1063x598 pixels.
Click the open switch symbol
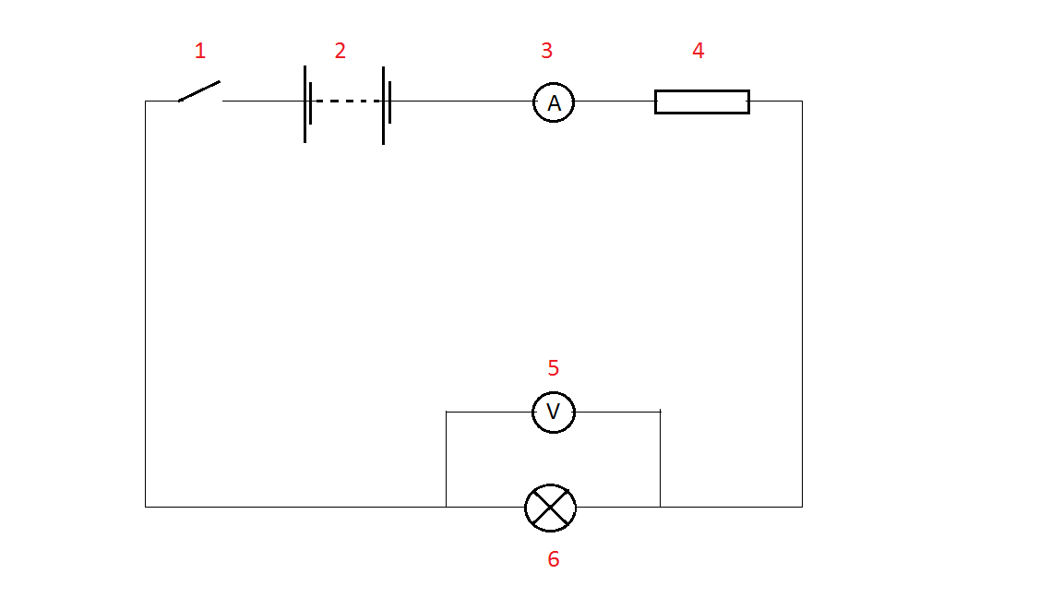pyautogui.click(x=199, y=91)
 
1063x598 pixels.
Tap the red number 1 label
pyautogui.click(x=199, y=51)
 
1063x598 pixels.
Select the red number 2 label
pyautogui.click(x=340, y=51)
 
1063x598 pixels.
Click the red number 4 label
pyautogui.click(x=699, y=51)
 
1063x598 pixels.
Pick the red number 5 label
pyautogui.click(x=554, y=368)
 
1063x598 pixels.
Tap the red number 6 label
pyautogui.click(x=554, y=559)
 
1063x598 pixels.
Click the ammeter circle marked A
pyautogui.click(x=554, y=102)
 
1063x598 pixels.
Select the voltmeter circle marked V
pyautogui.click(x=554, y=412)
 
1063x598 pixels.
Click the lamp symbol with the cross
pyautogui.click(x=551, y=507)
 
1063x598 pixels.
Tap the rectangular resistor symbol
pyautogui.click(x=701, y=102)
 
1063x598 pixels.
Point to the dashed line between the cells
pyautogui.click(x=347, y=102)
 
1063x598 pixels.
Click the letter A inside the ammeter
pyautogui.click(x=554, y=103)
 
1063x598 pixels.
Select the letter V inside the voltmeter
pyautogui.click(x=554, y=412)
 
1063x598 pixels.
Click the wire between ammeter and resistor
pyautogui.click(x=615, y=102)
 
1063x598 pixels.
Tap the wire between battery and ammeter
pyautogui.click(x=461, y=102)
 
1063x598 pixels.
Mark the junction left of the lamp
pyautogui.click(x=447, y=507)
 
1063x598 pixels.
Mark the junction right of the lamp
pyautogui.click(x=661, y=507)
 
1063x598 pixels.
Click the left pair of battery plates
pyautogui.click(x=307, y=103)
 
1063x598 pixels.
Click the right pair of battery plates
pyautogui.click(x=386, y=103)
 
